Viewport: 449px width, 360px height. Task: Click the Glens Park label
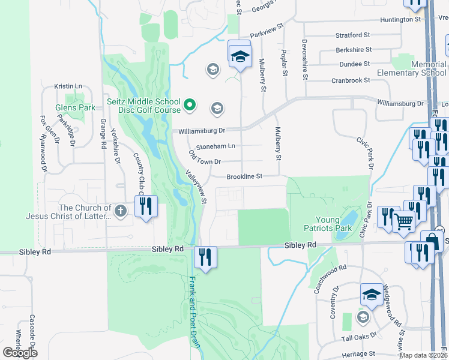click(75, 107)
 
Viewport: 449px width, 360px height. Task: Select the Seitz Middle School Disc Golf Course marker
click(190, 106)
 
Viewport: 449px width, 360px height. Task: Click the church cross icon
click(121, 211)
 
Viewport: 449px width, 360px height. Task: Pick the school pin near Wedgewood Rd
click(372, 295)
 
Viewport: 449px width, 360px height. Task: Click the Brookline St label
click(245, 176)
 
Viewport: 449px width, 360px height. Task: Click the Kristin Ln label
click(68, 86)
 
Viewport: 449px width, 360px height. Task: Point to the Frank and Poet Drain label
click(192, 305)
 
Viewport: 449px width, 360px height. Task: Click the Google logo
click(20, 352)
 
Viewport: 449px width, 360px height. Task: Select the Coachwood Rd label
click(331, 279)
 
